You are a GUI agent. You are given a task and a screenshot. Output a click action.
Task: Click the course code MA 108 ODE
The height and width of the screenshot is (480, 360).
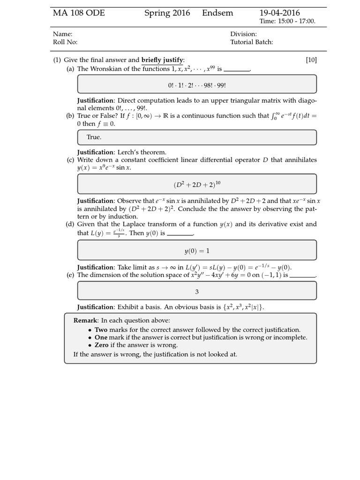click(x=79, y=13)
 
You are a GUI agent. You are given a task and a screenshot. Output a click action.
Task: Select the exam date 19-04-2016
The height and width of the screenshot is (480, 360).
click(x=280, y=13)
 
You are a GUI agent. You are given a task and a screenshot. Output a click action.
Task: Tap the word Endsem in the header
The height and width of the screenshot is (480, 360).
click(x=217, y=13)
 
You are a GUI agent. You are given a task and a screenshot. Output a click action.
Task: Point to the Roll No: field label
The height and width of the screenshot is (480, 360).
click(x=65, y=42)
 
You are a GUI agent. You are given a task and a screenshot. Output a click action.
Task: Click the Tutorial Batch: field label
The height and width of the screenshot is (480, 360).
click(x=251, y=42)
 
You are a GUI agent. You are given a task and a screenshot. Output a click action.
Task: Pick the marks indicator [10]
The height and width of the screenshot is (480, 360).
click(x=311, y=60)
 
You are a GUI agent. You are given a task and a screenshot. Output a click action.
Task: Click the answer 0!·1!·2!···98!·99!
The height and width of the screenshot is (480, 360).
click(x=197, y=86)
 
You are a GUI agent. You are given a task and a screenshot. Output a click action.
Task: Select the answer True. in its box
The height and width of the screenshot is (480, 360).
click(x=94, y=137)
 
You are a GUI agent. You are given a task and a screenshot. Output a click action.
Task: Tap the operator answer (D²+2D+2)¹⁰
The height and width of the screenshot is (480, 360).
click(x=197, y=184)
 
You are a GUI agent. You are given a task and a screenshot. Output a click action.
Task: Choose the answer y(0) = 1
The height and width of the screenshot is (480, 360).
click(x=197, y=251)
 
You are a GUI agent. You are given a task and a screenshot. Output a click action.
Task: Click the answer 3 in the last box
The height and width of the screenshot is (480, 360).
click(x=197, y=292)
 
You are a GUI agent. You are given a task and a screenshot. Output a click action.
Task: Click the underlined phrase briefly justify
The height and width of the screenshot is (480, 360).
click(x=162, y=60)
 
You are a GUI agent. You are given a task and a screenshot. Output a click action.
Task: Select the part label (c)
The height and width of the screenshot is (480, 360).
click(x=70, y=160)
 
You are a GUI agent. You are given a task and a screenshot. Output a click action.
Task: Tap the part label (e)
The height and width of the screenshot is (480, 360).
click(x=70, y=275)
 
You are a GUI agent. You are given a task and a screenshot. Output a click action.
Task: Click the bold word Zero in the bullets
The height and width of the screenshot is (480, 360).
click(x=102, y=345)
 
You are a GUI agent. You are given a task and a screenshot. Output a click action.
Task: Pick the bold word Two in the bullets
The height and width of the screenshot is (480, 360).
click(x=101, y=330)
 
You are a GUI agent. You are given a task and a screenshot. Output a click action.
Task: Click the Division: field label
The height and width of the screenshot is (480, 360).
click(x=243, y=34)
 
